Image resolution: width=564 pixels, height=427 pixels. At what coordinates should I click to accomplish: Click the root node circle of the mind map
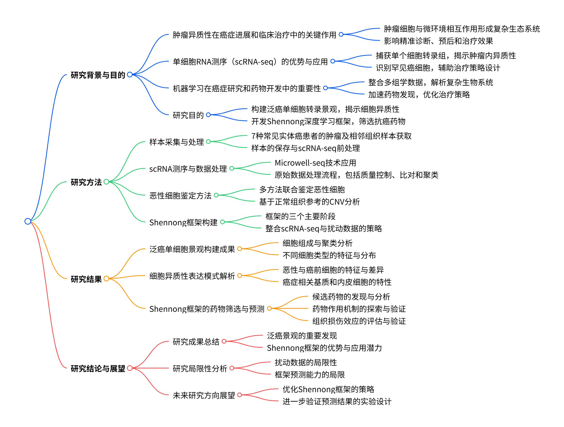pyautogui.click(x=28, y=221)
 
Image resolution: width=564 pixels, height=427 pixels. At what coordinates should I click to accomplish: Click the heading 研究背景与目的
pyautogui.click(x=98, y=75)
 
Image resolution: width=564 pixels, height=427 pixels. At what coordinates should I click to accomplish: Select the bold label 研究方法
pyautogui.click(x=86, y=182)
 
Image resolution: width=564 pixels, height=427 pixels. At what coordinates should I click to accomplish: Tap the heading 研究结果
pyautogui.click(x=86, y=279)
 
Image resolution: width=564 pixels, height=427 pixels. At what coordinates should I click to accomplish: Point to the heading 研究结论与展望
pyautogui.click(x=98, y=369)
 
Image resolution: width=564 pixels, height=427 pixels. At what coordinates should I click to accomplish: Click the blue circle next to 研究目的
pyautogui.click(x=208, y=115)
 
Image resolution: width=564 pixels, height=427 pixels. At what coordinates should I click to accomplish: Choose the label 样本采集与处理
pyautogui.click(x=176, y=142)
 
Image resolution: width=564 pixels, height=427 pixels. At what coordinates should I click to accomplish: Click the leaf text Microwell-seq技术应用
pyautogui.click(x=315, y=163)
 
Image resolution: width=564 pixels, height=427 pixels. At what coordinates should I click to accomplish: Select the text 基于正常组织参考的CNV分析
pyautogui.click(x=309, y=202)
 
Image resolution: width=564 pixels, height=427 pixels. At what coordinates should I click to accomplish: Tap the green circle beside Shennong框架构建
pyautogui.click(x=222, y=222)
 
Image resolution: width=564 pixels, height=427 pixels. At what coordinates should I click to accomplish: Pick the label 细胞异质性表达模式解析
pyautogui.click(x=192, y=276)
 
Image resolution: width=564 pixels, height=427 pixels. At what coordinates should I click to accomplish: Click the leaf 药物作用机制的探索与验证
pyautogui.click(x=359, y=309)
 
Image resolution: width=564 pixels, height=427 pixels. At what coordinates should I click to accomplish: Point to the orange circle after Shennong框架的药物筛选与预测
pyautogui.click(x=269, y=309)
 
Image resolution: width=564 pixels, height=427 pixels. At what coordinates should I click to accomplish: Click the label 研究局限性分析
pyautogui.click(x=200, y=369)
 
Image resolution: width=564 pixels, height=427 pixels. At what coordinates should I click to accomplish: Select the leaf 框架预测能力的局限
pyautogui.click(x=310, y=375)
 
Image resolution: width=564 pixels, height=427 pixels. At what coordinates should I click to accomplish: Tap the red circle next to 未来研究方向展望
pyautogui.click(x=239, y=395)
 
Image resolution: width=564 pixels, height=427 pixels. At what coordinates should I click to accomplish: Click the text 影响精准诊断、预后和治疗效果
pyautogui.click(x=438, y=41)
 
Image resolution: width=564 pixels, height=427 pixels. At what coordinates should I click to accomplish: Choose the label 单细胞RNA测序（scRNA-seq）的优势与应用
pyautogui.click(x=250, y=62)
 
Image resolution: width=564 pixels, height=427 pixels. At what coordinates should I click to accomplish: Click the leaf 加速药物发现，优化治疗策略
pyautogui.click(x=419, y=95)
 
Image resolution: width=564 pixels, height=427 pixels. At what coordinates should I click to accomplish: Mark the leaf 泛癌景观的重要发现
pyautogui.click(x=302, y=336)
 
